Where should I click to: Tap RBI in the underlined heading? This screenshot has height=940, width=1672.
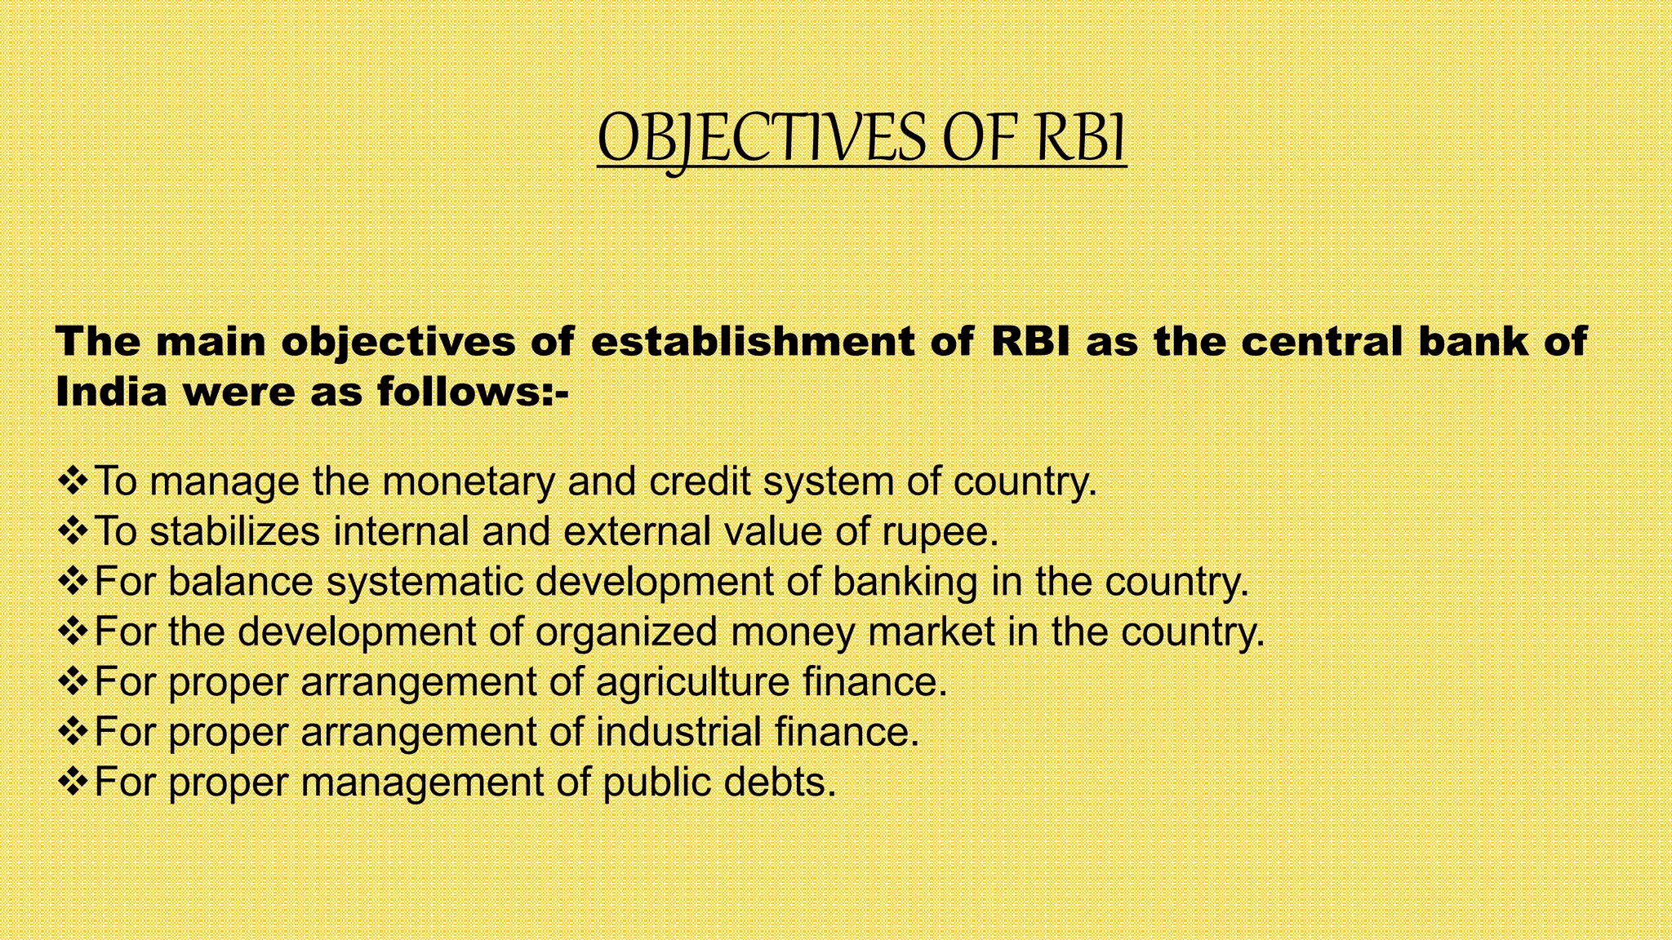tap(1081, 139)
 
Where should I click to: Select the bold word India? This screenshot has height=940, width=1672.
tap(111, 392)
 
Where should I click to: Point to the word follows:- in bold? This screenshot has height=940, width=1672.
tap(473, 392)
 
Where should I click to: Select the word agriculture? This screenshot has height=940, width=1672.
tap(692, 682)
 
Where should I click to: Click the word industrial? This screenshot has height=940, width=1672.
tap(678, 732)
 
